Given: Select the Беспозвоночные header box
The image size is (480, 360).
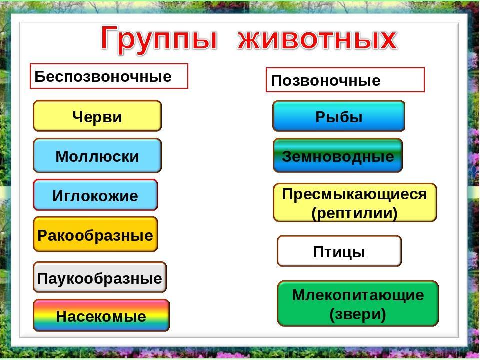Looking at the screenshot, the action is [109, 76].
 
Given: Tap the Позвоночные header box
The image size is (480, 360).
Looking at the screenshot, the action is [345, 80].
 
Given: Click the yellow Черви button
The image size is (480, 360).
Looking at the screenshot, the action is [97, 116].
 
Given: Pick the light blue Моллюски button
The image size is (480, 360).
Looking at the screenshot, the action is [97, 155].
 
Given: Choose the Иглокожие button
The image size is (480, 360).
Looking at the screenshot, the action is [95, 195].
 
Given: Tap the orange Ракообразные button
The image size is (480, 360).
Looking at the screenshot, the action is [95, 235].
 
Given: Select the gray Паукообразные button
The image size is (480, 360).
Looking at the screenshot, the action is [100, 277].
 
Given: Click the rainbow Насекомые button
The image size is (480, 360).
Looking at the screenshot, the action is [101, 315].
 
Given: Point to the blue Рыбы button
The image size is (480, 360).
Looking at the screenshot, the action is [339, 116].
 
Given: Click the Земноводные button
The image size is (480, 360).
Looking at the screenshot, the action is [337, 155].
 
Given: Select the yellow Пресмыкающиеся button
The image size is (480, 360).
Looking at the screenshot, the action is [355, 202].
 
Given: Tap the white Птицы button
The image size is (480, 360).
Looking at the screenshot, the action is [339, 251].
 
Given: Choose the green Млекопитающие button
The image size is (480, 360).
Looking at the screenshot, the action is [358, 303].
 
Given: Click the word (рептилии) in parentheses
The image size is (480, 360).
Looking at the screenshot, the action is [354, 213].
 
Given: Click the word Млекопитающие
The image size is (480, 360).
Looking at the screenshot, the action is [358, 295].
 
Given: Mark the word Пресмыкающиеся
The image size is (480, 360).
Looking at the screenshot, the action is [354, 194].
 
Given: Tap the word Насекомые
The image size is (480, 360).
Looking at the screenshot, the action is [101, 316].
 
